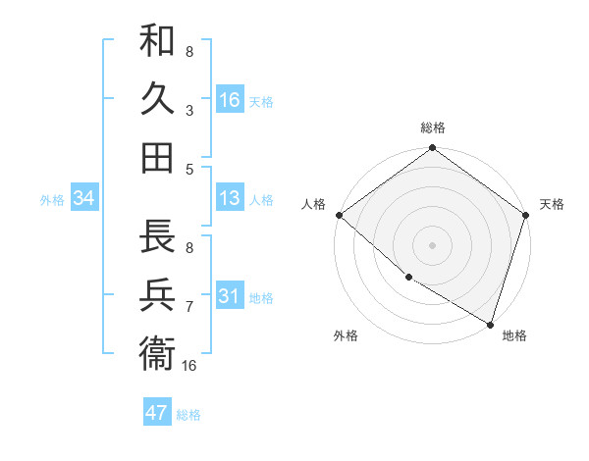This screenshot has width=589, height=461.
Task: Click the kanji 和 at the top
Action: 157,43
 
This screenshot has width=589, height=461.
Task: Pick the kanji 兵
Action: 157,294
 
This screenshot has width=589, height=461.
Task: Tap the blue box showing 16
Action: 230,99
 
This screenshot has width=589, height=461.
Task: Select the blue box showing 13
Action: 230,199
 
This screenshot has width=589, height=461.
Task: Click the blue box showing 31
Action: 230,297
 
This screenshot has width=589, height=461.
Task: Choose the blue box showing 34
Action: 83,199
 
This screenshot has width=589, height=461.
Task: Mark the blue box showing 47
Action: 156,413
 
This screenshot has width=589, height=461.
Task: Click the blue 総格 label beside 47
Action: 188,415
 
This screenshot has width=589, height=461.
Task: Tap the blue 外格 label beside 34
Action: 52,200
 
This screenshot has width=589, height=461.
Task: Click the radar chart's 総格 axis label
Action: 432,128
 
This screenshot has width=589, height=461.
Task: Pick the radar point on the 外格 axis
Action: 408,278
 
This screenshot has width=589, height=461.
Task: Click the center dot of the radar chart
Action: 432,245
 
